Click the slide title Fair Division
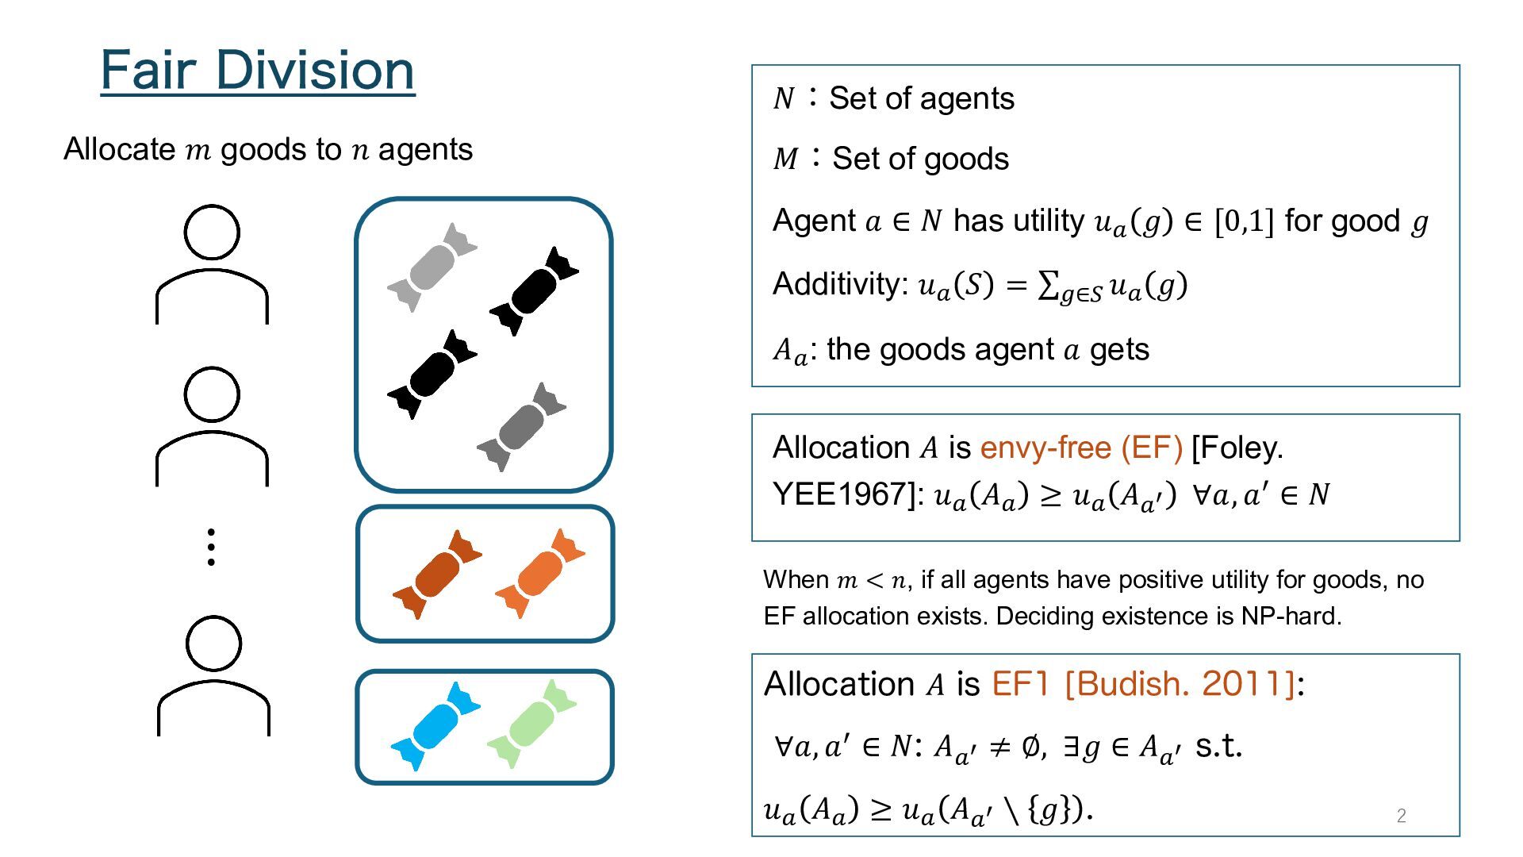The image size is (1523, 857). [258, 70]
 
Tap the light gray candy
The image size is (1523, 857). [432, 267]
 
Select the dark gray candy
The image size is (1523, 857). [521, 427]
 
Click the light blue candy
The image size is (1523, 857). [435, 726]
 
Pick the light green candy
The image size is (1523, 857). [531, 724]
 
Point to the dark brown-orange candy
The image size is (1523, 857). [437, 575]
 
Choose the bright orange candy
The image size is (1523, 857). [539, 573]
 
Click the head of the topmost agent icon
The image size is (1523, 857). [212, 233]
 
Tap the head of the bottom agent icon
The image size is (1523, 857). [213, 644]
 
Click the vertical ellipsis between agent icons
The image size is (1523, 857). [211, 547]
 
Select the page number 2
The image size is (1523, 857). [1402, 816]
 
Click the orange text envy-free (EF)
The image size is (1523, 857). [1081, 448]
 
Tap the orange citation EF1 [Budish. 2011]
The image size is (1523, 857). [1144, 684]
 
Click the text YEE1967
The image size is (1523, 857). [845, 494]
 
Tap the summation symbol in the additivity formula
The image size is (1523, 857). [1048, 285]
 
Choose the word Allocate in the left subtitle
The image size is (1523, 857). [120, 149]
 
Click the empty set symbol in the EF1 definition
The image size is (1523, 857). [1031, 746]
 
